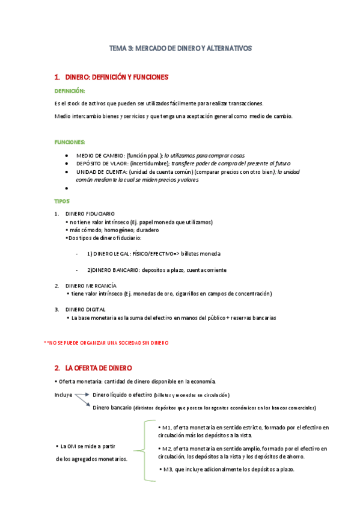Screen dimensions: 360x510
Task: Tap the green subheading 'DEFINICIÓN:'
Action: (x=70, y=91)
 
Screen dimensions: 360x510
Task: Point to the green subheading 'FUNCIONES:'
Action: (x=70, y=142)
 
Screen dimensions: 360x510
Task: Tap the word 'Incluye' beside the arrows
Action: (x=63, y=395)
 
